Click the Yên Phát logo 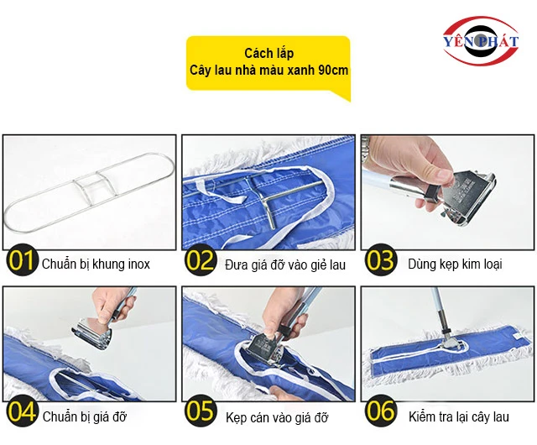(481, 40)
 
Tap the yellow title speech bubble (268, 65)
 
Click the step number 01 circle (22, 260)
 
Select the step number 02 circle (201, 260)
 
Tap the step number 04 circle (22, 411)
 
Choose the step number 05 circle (201, 411)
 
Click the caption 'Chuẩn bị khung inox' (96, 264)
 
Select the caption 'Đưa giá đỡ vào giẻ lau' (285, 265)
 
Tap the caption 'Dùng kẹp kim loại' (455, 264)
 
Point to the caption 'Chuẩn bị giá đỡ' (85, 417)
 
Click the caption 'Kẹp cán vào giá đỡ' (277, 417)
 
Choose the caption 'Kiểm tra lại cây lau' (459, 417)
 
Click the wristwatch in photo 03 (365, 147)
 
